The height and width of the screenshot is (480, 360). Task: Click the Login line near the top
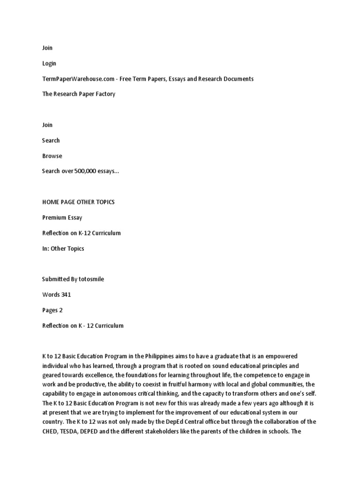49,63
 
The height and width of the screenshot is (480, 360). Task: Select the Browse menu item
52,156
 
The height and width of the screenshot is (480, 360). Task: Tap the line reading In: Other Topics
63,249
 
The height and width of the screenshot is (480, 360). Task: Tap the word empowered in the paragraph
277,357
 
